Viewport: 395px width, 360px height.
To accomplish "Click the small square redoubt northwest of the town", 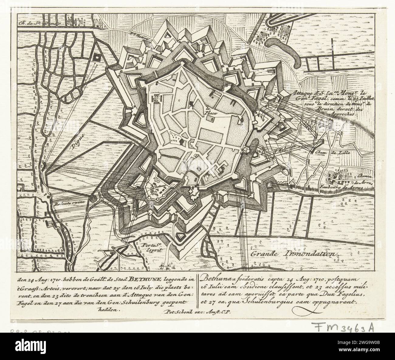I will (x=98, y=57).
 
